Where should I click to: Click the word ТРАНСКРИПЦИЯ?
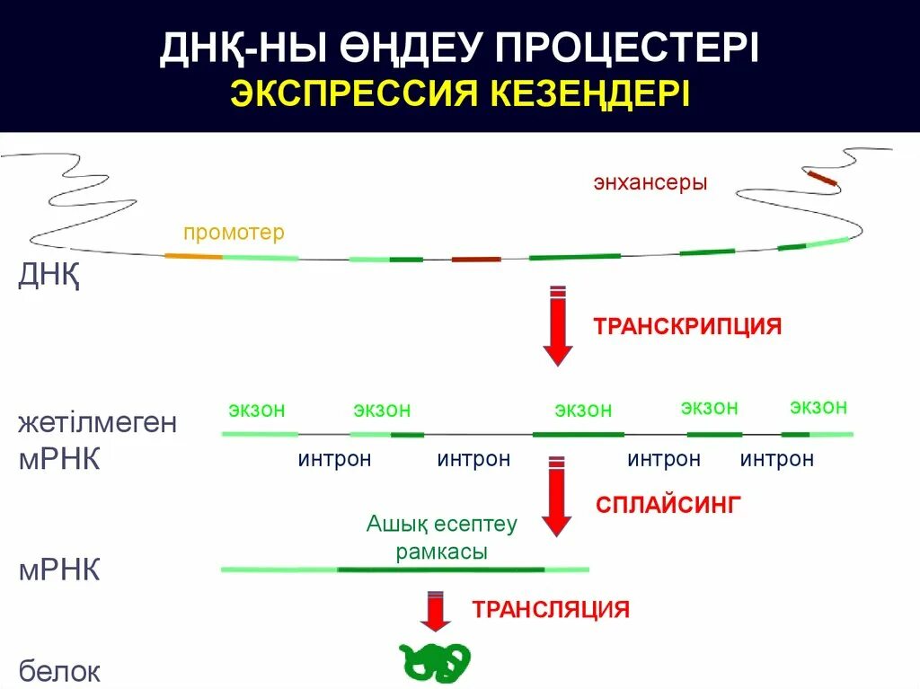coord(686,326)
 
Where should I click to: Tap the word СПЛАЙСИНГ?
coord(668,504)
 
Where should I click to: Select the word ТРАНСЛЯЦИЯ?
coord(551,610)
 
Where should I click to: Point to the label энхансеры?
coord(650,182)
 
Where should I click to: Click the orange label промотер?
coord(234,233)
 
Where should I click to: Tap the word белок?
coord(59,671)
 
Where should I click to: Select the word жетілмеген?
coord(97,422)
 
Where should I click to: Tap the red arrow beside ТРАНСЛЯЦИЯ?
coord(436,612)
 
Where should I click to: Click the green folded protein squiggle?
coord(435,661)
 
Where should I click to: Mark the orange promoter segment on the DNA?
coord(193,256)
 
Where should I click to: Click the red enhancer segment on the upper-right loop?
coord(820,178)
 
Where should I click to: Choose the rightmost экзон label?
coord(818,407)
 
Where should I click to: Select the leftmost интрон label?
coord(334,460)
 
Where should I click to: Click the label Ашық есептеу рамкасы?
coord(441,537)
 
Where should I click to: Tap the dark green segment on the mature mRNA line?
coord(440,570)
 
